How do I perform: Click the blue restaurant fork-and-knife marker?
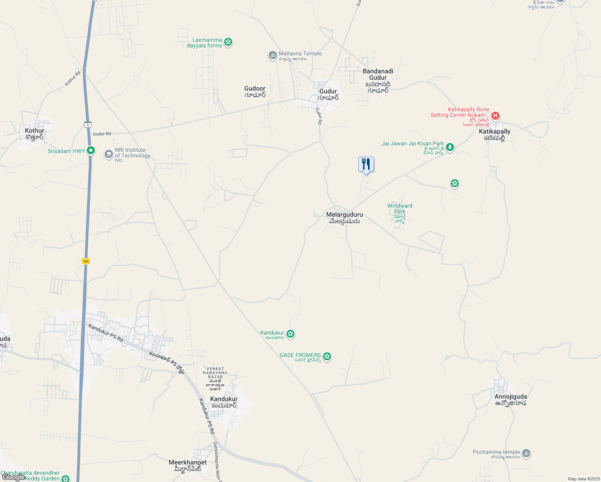pos(366,164)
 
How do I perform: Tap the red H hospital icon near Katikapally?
pos(495,116)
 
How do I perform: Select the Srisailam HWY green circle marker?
pos(91,151)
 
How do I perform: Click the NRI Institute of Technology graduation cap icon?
pos(108,154)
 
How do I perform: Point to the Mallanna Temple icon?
pos(273,55)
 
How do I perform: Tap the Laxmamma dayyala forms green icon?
pos(228,42)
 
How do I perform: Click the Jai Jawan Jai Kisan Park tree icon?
pos(450,147)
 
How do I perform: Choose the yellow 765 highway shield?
pos(86,261)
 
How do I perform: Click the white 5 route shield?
pos(88,125)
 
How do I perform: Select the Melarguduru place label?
pos(344,215)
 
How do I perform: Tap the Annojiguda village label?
pos(511,397)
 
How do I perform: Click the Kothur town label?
pos(35,131)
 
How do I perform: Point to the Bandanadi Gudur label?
pos(378,75)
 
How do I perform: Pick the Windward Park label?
pos(400,208)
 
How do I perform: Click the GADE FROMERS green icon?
pos(327,356)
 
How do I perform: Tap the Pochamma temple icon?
pos(526,453)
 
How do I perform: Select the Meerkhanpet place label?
pos(188,463)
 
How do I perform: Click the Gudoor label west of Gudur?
pos(255,89)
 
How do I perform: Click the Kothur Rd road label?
pos(73,78)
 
